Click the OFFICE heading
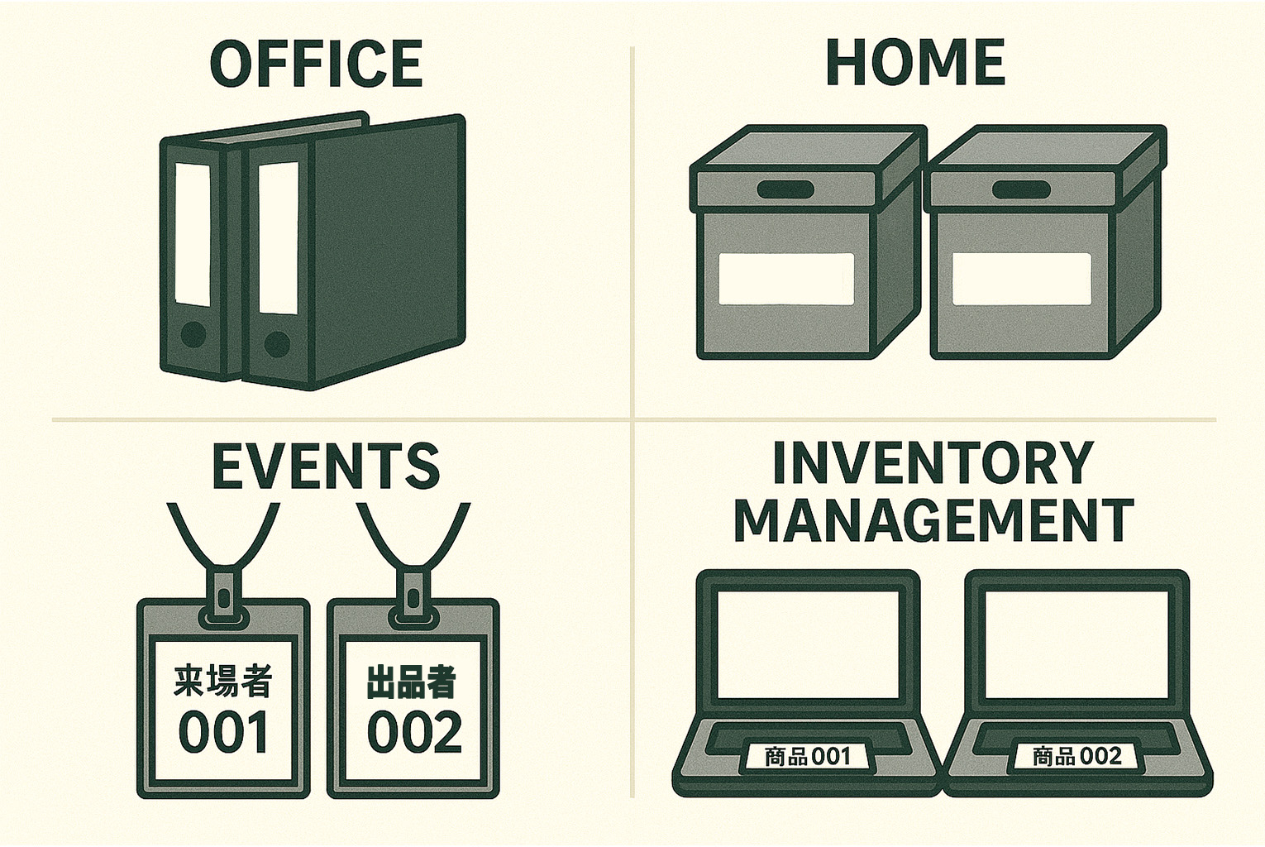316,63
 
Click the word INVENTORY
932,463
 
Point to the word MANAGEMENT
934,519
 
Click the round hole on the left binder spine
193,334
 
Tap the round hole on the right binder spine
277,343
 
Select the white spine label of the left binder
193,234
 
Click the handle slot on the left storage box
783,189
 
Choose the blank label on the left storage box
786,279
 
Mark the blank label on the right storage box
1022,279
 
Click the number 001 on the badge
223,732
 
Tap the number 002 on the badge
414,732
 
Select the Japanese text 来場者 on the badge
223,681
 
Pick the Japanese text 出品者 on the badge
411,681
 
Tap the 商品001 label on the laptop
808,756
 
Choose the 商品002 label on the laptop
1077,756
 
